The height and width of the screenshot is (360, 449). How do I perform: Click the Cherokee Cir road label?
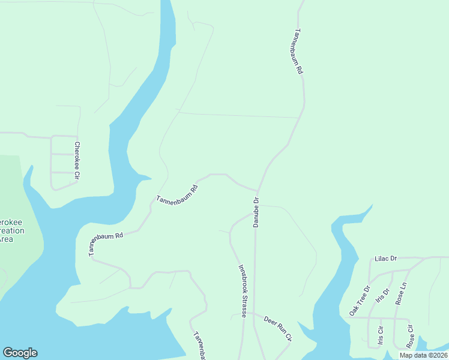pos(77,161)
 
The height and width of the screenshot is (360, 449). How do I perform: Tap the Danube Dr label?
pos(256,212)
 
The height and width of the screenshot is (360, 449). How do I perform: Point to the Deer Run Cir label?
pos(277,328)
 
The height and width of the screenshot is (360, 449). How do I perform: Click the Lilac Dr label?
pos(386,258)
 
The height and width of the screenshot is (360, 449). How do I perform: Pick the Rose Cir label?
pos(411,337)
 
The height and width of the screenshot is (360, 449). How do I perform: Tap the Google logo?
pos(20,353)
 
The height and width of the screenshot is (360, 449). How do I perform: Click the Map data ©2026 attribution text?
pos(424,355)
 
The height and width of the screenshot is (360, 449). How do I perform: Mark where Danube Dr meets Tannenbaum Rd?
pos(258,191)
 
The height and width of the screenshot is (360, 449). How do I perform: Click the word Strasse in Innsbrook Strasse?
pos(244,303)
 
